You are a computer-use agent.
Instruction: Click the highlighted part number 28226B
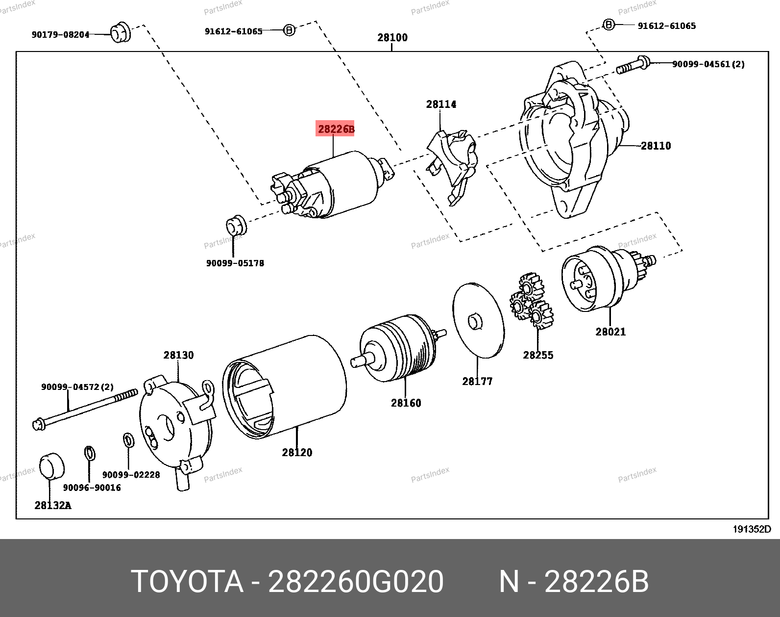336,129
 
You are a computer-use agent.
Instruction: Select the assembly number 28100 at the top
392,37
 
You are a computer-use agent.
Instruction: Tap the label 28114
441,104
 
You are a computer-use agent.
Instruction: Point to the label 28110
656,146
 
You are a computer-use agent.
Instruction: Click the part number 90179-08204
61,34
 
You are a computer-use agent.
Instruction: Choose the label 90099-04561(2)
708,64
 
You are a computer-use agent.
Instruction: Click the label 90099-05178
235,263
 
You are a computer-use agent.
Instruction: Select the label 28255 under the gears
538,355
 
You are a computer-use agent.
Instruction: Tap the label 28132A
53,505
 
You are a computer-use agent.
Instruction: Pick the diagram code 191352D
752,529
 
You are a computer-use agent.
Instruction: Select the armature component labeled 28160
397,348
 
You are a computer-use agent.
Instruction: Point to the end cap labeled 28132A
51,466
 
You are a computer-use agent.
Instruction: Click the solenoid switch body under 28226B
343,184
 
